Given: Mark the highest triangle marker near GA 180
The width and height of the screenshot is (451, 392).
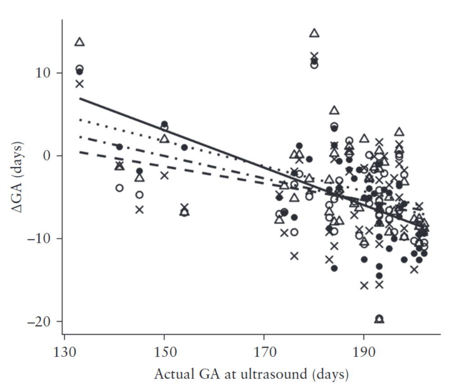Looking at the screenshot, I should click(x=314, y=33).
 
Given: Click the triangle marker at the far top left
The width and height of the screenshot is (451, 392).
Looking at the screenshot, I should click(x=80, y=42).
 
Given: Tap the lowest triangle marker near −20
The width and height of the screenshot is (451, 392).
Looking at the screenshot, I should click(x=379, y=319).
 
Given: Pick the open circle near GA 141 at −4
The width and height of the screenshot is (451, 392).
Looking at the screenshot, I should click(x=119, y=188).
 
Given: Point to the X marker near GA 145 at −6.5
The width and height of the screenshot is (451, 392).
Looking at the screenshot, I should click(x=139, y=210).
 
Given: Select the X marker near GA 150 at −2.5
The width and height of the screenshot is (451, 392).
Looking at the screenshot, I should click(x=164, y=175).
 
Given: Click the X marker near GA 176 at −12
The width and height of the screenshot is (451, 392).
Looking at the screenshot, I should click(x=294, y=255).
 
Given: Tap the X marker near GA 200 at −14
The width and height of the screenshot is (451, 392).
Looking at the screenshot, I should click(x=414, y=269).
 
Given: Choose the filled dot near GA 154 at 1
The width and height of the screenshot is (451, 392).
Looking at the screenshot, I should click(x=184, y=147).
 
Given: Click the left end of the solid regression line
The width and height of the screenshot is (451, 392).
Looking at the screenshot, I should click(x=80, y=98).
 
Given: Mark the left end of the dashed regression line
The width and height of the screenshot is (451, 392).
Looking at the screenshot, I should click(x=80, y=152).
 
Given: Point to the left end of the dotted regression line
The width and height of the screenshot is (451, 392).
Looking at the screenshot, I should click(x=80, y=119).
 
